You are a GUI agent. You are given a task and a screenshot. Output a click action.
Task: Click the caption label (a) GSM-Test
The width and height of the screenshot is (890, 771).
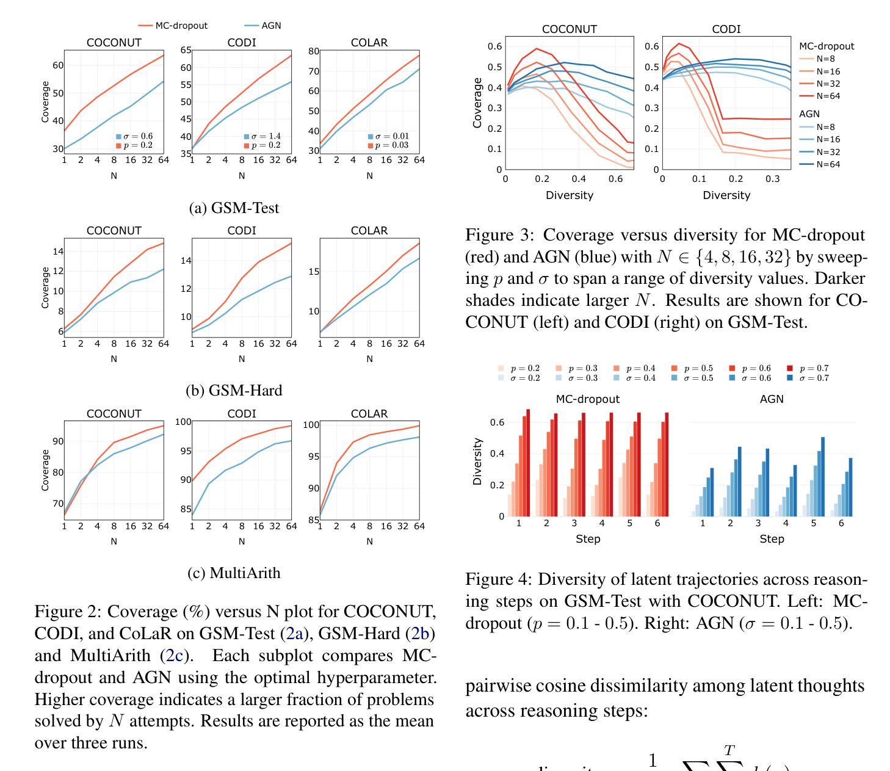[x=234, y=208]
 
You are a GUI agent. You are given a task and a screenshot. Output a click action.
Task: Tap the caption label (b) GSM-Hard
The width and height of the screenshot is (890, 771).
[x=234, y=390]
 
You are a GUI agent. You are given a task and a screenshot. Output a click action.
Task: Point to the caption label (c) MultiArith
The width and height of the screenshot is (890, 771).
[x=234, y=573]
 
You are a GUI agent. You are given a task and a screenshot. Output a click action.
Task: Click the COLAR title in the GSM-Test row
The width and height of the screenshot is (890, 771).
[x=369, y=43]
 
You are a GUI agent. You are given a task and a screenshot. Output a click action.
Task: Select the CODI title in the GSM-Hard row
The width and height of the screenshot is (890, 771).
[x=241, y=231]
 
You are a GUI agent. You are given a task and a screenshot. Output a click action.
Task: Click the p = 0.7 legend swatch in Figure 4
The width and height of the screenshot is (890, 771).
[x=790, y=369]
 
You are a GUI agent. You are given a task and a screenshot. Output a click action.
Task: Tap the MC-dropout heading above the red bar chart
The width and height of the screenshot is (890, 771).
[x=587, y=399]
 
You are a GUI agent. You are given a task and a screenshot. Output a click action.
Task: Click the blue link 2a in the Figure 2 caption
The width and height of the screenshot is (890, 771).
[x=295, y=634]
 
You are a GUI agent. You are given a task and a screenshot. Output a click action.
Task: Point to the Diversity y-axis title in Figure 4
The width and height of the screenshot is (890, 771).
[x=477, y=462]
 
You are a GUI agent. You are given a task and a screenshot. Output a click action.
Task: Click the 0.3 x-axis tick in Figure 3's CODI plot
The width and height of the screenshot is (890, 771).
[x=773, y=179]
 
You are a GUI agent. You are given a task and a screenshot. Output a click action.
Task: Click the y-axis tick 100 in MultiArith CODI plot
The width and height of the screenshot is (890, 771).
[x=183, y=422]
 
